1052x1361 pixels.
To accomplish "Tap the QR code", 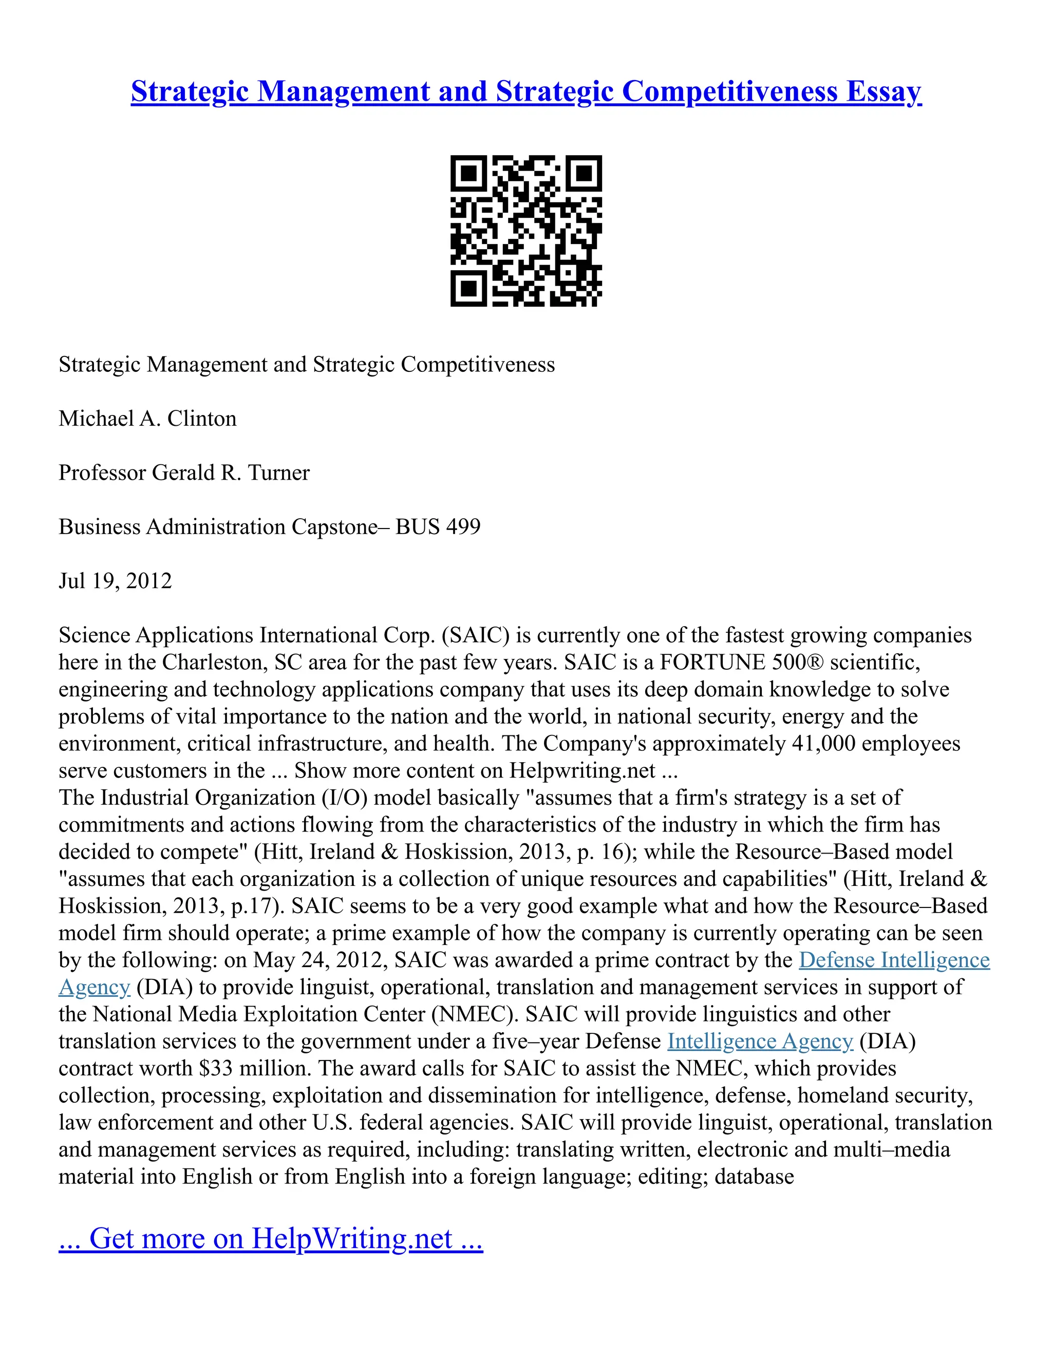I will (x=526, y=231).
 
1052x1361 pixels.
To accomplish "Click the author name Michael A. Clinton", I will (x=148, y=418).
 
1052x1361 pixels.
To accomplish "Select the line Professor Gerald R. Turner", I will (x=184, y=472).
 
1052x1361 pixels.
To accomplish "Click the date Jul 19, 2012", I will (x=115, y=581).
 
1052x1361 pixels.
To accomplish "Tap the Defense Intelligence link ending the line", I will (x=894, y=960).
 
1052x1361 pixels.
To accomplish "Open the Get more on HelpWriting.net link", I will (x=271, y=1238).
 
